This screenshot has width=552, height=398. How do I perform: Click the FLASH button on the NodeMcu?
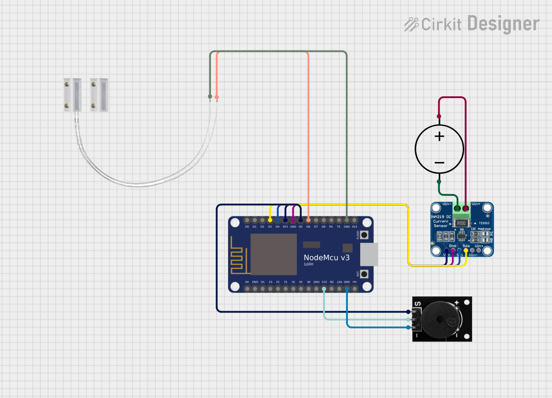coord(364,236)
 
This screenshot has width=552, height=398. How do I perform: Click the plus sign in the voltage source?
coord(439,136)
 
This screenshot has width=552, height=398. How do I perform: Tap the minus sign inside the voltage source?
coord(439,162)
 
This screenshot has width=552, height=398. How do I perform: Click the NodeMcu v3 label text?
coord(326,258)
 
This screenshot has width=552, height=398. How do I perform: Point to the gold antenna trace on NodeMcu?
coord(237,255)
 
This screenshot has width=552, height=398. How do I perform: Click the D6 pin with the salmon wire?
coord(308,220)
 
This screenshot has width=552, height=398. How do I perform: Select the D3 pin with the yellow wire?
coord(270,220)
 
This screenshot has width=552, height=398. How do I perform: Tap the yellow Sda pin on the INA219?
coord(466,250)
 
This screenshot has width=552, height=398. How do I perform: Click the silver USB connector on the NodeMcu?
coord(369,254)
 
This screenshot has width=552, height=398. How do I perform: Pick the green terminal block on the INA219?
coord(461,210)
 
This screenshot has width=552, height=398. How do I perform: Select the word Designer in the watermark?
coord(503,24)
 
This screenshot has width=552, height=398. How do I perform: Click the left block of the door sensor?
coord(72,95)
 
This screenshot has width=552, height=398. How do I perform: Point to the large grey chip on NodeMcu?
coord(273,254)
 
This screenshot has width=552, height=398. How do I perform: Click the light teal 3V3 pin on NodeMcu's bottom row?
coord(324,289)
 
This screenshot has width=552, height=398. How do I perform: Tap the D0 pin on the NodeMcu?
coord(247,220)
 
